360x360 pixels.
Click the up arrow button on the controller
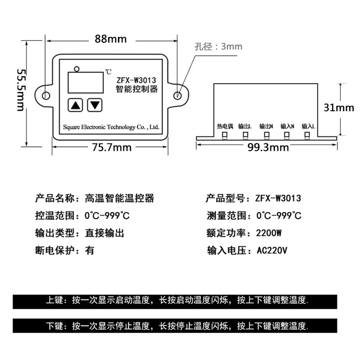76,106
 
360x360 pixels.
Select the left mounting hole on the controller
45,95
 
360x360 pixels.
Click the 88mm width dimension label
110,39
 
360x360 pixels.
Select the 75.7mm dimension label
112,147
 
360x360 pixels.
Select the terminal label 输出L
245,127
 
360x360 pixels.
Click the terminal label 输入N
287,127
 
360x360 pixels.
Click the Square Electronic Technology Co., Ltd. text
111,127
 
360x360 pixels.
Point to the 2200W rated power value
269,233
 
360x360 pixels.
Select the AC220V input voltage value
271,250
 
